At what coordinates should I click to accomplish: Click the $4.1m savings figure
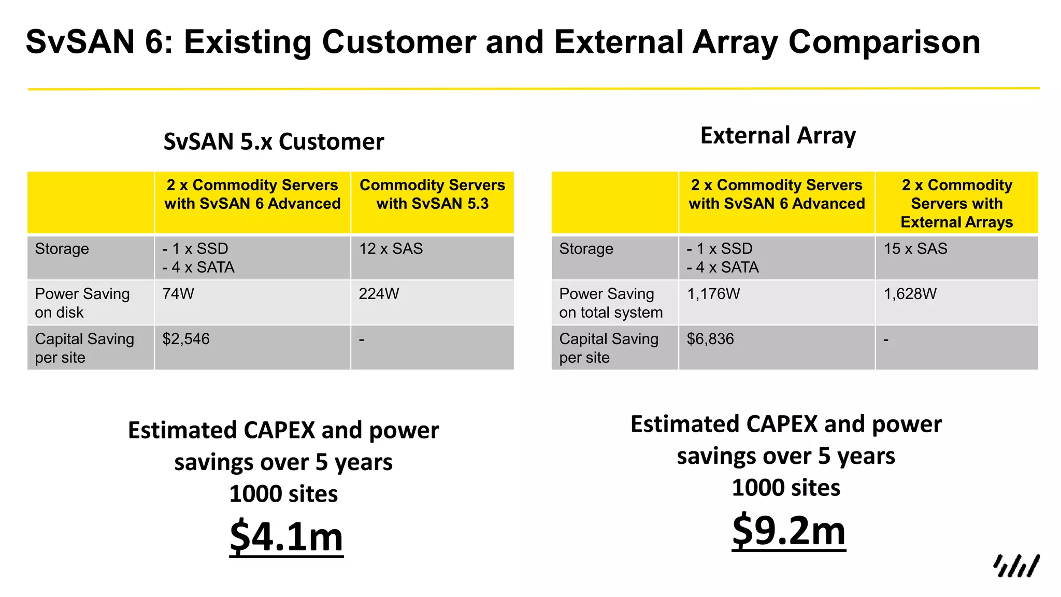(286, 537)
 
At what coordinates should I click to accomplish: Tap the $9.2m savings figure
(788, 531)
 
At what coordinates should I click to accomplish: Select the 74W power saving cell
(178, 294)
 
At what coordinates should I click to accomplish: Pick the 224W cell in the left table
(379, 294)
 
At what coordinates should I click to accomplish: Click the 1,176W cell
(713, 294)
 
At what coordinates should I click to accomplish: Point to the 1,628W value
(910, 294)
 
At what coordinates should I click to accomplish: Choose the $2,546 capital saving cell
(186, 339)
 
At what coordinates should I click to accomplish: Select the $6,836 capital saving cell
(710, 339)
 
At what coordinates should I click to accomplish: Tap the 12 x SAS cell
(391, 249)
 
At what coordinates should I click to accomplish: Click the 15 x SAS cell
(915, 249)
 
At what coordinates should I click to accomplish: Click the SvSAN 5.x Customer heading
(274, 141)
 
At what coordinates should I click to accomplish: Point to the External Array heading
(778, 135)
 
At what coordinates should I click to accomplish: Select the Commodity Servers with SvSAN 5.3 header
(432, 194)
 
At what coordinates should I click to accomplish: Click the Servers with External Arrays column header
(956, 204)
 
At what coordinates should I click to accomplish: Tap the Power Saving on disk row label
(82, 303)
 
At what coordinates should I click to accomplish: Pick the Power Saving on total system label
(610, 303)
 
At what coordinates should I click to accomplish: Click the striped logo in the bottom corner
(1016, 566)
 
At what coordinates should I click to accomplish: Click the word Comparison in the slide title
(884, 41)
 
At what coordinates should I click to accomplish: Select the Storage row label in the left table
(62, 249)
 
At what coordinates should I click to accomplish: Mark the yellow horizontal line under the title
(534, 89)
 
